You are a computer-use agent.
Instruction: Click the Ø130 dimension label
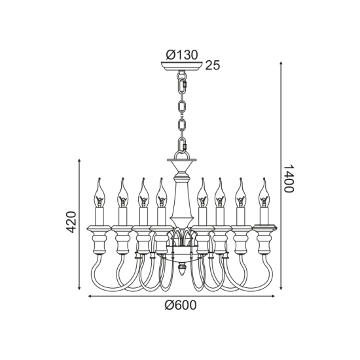click(182, 55)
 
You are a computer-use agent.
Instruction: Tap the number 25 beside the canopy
click(213, 65)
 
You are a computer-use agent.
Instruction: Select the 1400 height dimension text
click(289, 179)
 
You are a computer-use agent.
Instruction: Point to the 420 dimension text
click(71, 222)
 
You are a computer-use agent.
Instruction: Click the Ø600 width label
click(181, 305)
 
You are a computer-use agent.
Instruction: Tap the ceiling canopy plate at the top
click(181, 66)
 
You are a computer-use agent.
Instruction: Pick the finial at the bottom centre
click(182, 269)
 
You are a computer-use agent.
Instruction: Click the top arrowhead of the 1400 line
click(281, 63)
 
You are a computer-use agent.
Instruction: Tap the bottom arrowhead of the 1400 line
click(281, 288)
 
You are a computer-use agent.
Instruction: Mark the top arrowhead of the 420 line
click(79, 160)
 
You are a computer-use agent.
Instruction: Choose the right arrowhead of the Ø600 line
click(273, 296)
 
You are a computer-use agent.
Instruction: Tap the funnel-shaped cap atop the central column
click(182, 166)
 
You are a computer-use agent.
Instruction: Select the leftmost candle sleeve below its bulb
click(99, 216)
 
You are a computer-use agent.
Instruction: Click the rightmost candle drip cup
click(264, 228)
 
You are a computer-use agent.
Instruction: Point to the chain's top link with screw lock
click(182, 84)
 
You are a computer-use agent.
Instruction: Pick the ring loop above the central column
click(182, 154)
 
